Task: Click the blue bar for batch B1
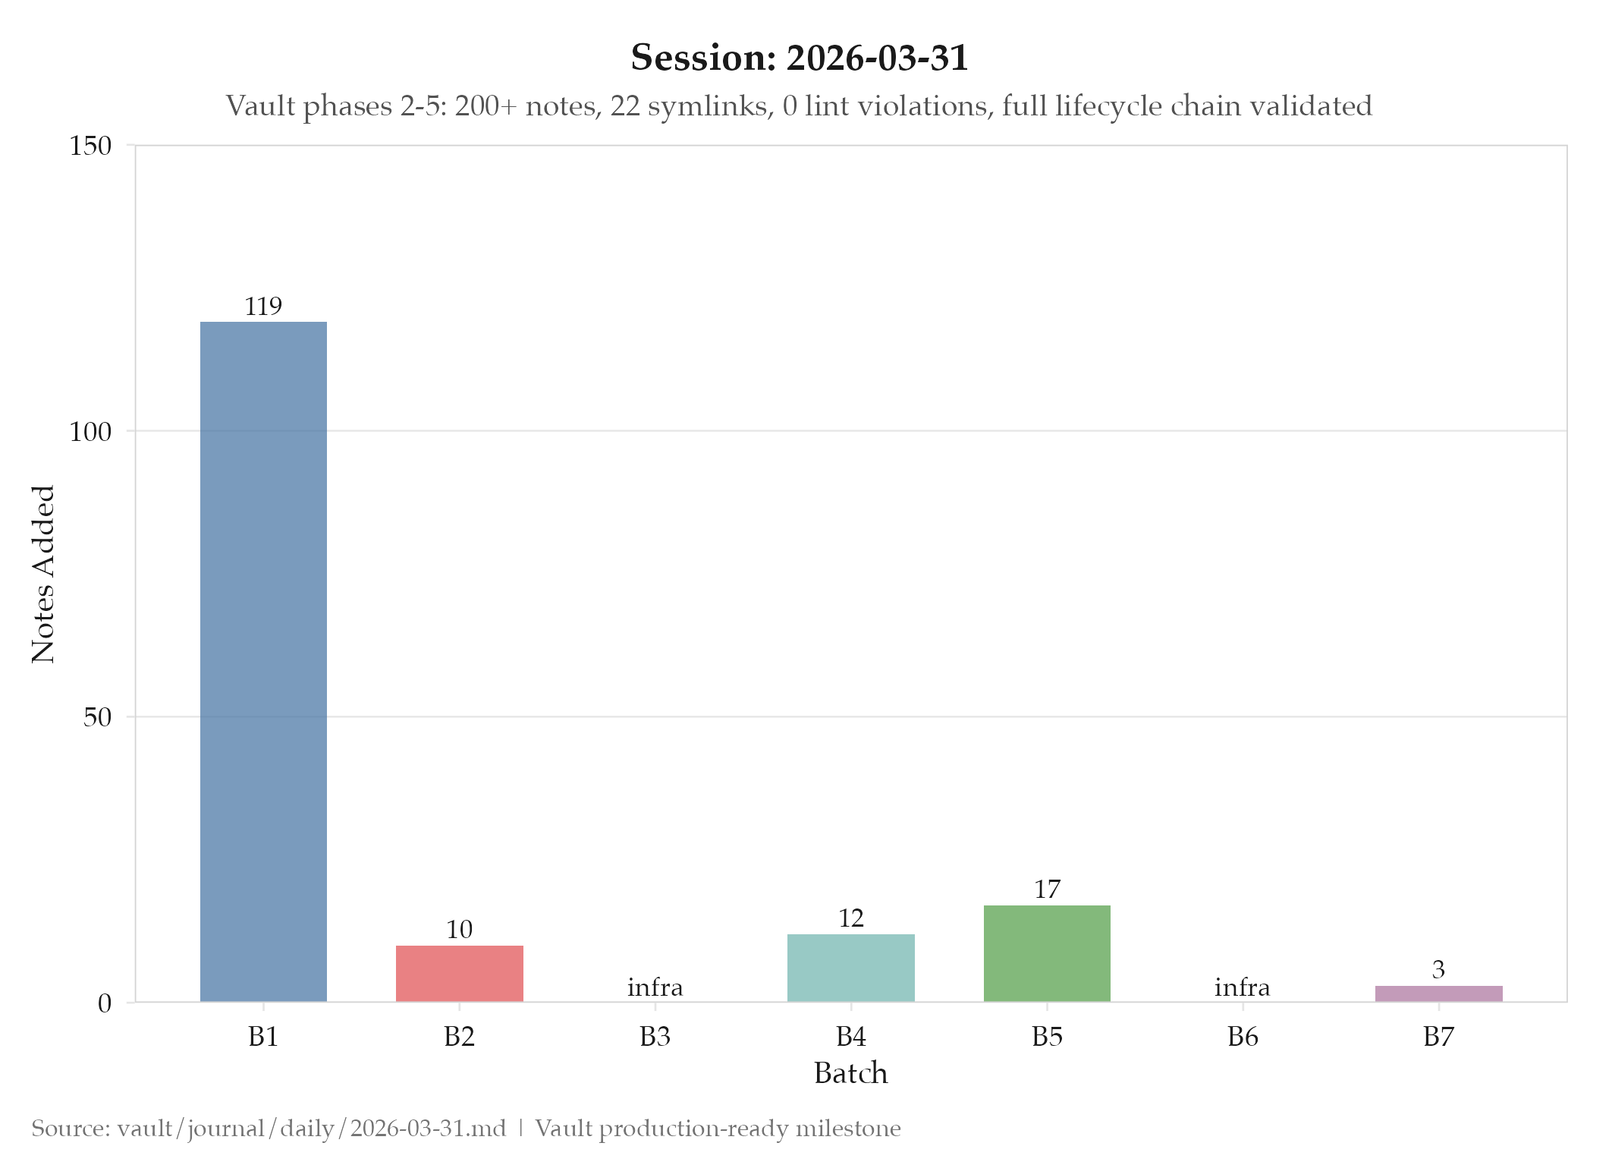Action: (263, 660)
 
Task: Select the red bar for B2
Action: (459, 973)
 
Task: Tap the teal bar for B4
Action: (850, 968)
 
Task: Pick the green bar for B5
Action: (1047, 953)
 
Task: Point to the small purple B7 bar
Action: (1438, 993)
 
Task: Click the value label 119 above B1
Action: (263, 306)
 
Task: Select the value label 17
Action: (1047, 889)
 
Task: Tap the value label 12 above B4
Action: (850, 918)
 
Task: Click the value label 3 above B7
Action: (1438, 969)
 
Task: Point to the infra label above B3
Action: (655, 987)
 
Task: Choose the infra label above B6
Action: (1242, 987)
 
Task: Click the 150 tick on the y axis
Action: (90, 145)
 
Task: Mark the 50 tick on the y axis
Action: (97, 716)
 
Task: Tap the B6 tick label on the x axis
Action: (1243, 1036)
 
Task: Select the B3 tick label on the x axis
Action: (655, 1036)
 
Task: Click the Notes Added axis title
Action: (43, 574)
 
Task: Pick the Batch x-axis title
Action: (850, 1073)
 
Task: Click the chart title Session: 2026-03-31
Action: (800, 58)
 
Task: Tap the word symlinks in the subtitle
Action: (709, 105)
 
